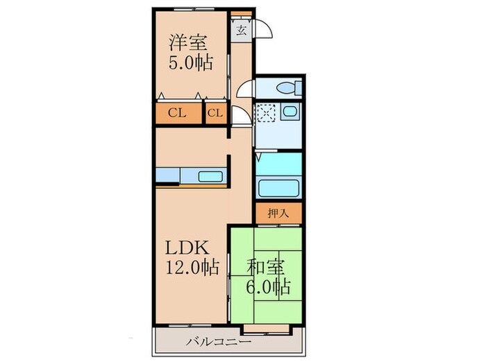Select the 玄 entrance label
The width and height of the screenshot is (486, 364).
coord(241,30)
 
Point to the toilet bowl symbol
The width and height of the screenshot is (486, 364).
coord(291,88)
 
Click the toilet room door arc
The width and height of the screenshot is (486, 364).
coord(244,89)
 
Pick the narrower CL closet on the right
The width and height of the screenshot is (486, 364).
coord(215,114)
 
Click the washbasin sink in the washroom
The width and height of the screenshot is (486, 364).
coord(290,112)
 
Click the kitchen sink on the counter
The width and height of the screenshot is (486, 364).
coord(210,176)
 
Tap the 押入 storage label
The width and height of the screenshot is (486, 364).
coord(278,214)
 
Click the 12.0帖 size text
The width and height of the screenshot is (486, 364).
coord(189,266)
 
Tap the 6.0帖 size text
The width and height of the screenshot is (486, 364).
coord(268,286)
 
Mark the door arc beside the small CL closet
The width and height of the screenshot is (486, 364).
coord(240,118)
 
